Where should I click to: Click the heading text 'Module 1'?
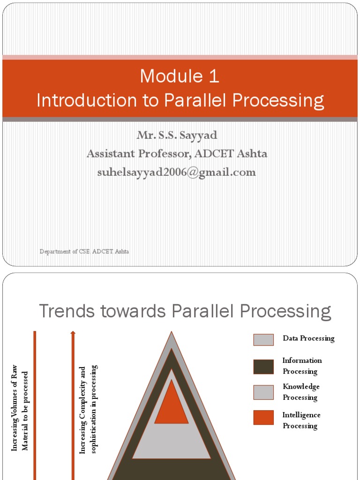point(180,76)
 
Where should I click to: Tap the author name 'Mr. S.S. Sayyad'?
point(177,135)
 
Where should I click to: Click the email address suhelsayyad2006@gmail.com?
point(177,172)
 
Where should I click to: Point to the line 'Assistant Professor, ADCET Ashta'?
point(177,154)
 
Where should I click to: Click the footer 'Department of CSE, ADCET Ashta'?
point(84,252)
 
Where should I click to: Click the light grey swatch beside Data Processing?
point(263,339)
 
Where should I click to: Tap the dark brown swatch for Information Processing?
point(263,367)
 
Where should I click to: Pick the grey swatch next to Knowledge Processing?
point(263,392)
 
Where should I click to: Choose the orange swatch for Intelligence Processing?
point(263,418)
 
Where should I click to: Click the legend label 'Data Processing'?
point(308,338)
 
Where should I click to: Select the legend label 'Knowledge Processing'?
point(301,392)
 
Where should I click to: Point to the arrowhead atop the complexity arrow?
point(73,333)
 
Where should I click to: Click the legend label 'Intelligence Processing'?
point(301,420)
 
